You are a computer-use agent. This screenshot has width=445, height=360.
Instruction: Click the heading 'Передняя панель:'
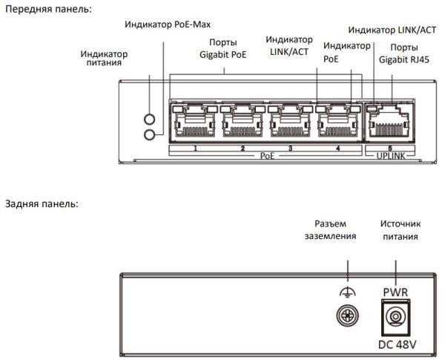pos(50,9)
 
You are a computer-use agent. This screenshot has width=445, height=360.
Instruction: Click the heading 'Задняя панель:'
pos(42,203)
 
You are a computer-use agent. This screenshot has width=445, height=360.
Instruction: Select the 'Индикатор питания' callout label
pos(103,59)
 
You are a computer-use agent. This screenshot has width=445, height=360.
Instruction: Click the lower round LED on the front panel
pos(151,134)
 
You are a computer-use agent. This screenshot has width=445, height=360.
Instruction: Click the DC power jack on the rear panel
pos(396,316)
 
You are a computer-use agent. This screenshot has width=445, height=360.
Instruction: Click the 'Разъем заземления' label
pos(330,230)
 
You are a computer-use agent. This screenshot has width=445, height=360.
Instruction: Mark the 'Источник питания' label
pos(399,230)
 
